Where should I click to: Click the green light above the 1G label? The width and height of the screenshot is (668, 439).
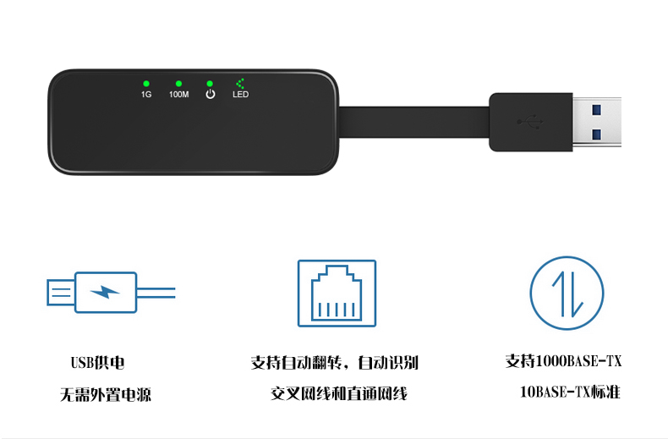pyautogui.click(x=146, y=84)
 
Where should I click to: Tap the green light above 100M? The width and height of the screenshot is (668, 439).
pyautogui.click(x=179, y=84)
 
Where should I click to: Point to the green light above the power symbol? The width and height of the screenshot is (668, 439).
pyautogui.click(x=210, y=84)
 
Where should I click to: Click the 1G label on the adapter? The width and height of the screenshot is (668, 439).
pyautogui.click(x=146, y=94)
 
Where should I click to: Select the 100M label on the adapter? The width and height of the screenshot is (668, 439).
pyautogui.click(x=179, y=94)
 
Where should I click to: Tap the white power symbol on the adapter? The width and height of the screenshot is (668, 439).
pyautogui.click(x=211, y=94)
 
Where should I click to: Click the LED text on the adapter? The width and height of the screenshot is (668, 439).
pyautogui.click(x=241, y=94)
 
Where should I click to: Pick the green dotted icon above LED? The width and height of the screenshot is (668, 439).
pyautogui.click(x=240, y=83)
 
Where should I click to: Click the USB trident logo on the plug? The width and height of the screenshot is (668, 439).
pyautogui.click(x=530, y=122)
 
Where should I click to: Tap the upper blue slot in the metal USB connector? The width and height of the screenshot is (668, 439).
pyautogui.click(x=596, y=110)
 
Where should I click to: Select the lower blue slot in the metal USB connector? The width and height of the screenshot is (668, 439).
pyautogui.click(x=596, y=135)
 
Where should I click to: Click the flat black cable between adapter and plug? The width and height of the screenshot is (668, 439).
pyautogui.click(x=413, y=122)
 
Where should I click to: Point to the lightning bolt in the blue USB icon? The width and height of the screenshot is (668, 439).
pyautogui.click(x=105, y=293)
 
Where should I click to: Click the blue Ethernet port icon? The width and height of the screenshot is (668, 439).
pyautogui.click(x=337, y=294)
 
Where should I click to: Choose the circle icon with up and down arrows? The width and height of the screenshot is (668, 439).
pyautogui.click(x=567, y=293)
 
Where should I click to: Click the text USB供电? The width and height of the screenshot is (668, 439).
pyautogui.click(x=97, y=363)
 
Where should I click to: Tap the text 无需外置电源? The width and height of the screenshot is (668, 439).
pyautogui.click(x=106, y=395)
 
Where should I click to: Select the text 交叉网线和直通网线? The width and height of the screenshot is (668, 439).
pyautogui.click(x=339, y=393)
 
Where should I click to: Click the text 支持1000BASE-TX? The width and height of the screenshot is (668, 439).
pyautogui.click(x=563, y=361)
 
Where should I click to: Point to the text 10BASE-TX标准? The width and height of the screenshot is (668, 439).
pyautogui.click(x=570, y=392)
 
